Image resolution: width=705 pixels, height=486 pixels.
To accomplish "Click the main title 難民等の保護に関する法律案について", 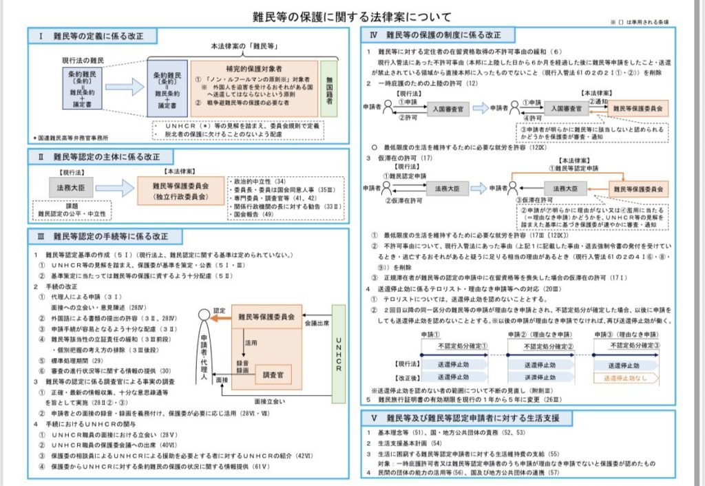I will [x=352, y=16].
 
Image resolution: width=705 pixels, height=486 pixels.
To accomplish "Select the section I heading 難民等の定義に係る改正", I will [x=92, y=35].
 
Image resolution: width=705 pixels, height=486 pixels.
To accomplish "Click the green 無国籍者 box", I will [x=328, y=89].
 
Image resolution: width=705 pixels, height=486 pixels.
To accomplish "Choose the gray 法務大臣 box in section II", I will [x=71, y=187].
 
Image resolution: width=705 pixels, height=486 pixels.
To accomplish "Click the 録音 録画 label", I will [x=242, y=368].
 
